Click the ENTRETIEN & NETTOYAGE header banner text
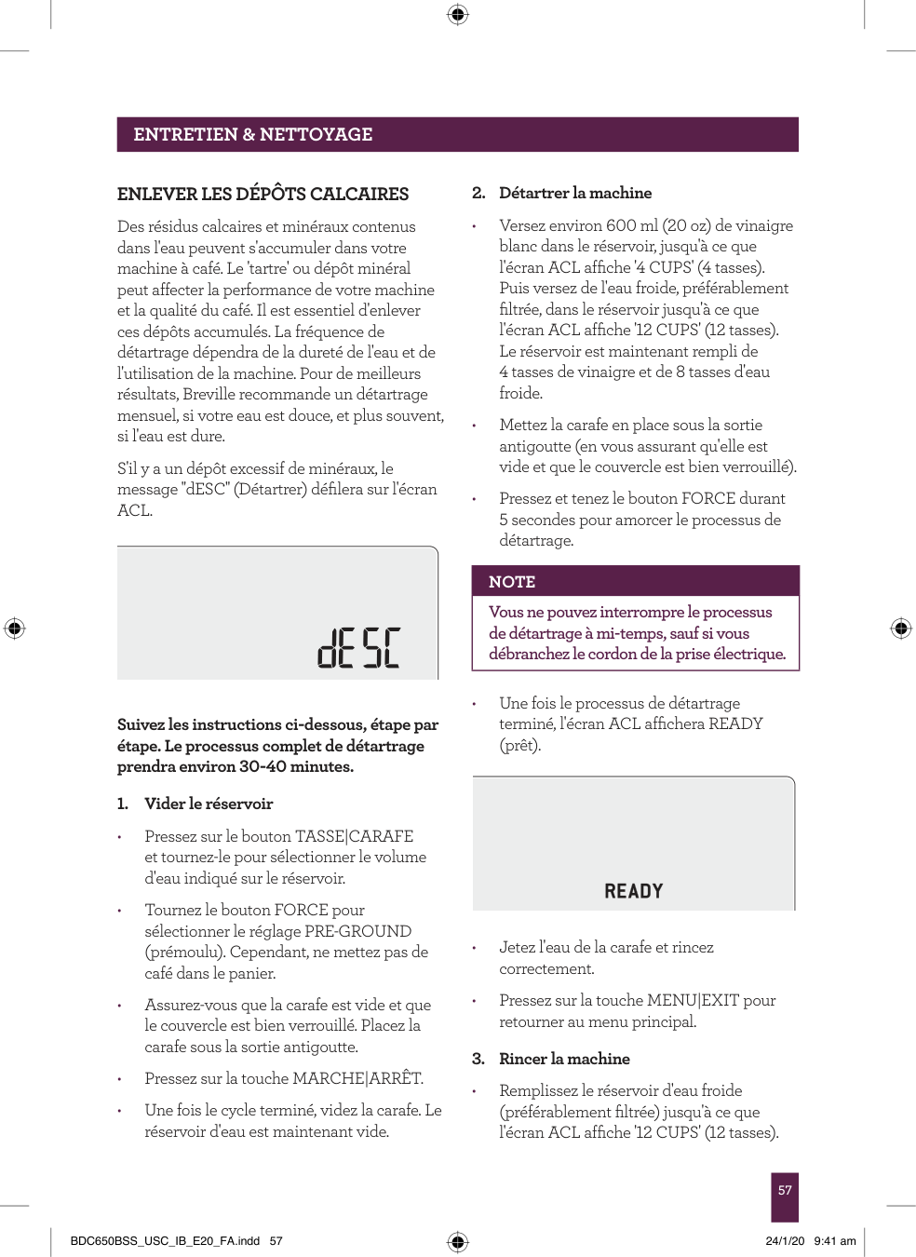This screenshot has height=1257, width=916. coord(252,134)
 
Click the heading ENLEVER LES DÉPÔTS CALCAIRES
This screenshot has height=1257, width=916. coord(263,194)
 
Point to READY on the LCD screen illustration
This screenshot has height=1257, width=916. coord(633,891)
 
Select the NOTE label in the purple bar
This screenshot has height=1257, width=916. coord(512,582)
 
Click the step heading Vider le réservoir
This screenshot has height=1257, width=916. coord(209,804)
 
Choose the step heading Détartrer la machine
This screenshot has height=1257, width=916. coord(574,193)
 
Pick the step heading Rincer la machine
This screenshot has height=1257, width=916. coord(564,1059)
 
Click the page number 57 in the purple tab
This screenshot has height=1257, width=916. coord(785,1190)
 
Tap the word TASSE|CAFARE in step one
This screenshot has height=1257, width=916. coord(354,836)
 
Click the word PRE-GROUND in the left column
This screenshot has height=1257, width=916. coord(357,931)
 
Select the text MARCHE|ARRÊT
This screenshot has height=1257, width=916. coord(357,1078)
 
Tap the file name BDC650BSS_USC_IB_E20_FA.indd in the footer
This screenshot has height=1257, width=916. coord(165,1241)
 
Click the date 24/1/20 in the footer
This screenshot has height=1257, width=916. coord(785,1241)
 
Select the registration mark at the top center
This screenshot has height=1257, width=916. coord(457,14)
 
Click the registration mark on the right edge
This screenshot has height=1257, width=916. coord(900,628)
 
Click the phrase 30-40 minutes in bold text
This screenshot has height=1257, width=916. coord(296,767)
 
